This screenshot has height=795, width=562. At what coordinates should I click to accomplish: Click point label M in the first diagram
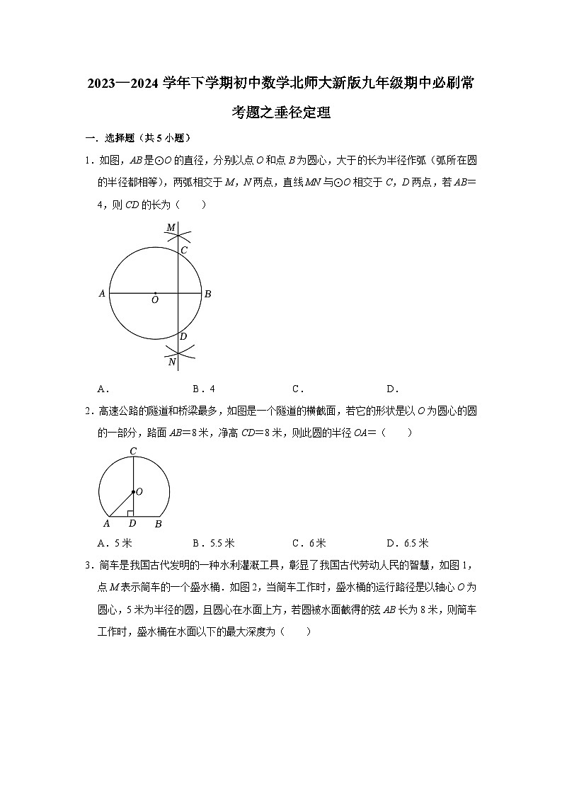tap(170, 227)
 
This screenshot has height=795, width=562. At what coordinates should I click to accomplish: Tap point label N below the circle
tap(171, 362)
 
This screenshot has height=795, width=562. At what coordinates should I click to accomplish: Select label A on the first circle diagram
tap(103, 294)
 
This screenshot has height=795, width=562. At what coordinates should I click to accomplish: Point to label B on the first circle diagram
tap(207, 294)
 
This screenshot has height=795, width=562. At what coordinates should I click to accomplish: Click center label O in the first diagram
tap(154, 300)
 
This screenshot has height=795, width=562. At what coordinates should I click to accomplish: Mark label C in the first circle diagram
tap(183, 250)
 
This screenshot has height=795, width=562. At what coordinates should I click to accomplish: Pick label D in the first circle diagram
tap(183, 336)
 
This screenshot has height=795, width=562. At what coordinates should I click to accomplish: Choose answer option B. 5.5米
tap(213, 543)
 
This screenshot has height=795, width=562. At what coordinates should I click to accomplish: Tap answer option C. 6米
tap(309, 543)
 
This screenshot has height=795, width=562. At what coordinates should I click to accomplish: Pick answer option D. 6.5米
tap(407, 543)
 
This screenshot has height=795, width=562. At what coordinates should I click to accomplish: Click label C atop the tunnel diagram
tap(132, 451)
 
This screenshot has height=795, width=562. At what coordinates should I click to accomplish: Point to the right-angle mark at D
tap(130, 513)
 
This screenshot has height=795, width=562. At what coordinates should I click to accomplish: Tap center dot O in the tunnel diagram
tap(133, 491)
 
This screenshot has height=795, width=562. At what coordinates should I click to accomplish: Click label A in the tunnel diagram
tap(107, 524)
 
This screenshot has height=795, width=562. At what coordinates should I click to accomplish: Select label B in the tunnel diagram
tap(158, 524)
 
